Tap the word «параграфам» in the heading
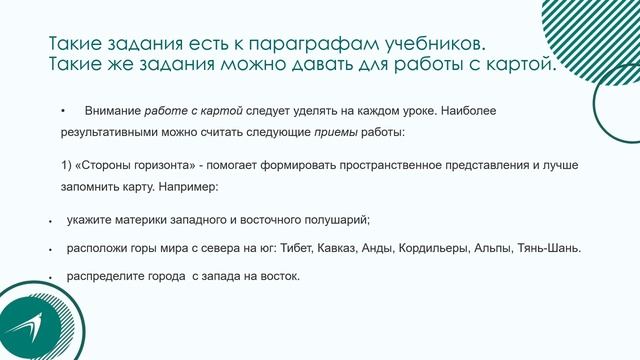tap(318, 45)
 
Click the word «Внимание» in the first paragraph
tap(113, 110)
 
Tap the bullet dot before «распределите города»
tap(50, 277)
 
